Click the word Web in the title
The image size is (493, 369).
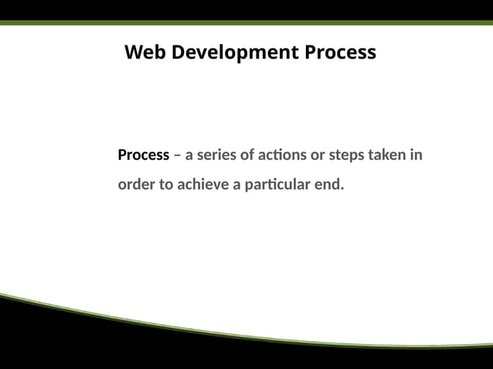coord(145,52)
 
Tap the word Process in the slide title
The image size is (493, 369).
coord(340,52)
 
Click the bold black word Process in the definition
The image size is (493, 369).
coord(143,155)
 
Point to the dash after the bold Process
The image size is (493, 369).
coord(177,155)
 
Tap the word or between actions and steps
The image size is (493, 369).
coord(318,155)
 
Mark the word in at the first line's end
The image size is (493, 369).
coord(416,155)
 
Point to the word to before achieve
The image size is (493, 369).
coord(166,185)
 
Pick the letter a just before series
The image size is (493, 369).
coord(189,155)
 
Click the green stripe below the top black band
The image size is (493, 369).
coord(246,22)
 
